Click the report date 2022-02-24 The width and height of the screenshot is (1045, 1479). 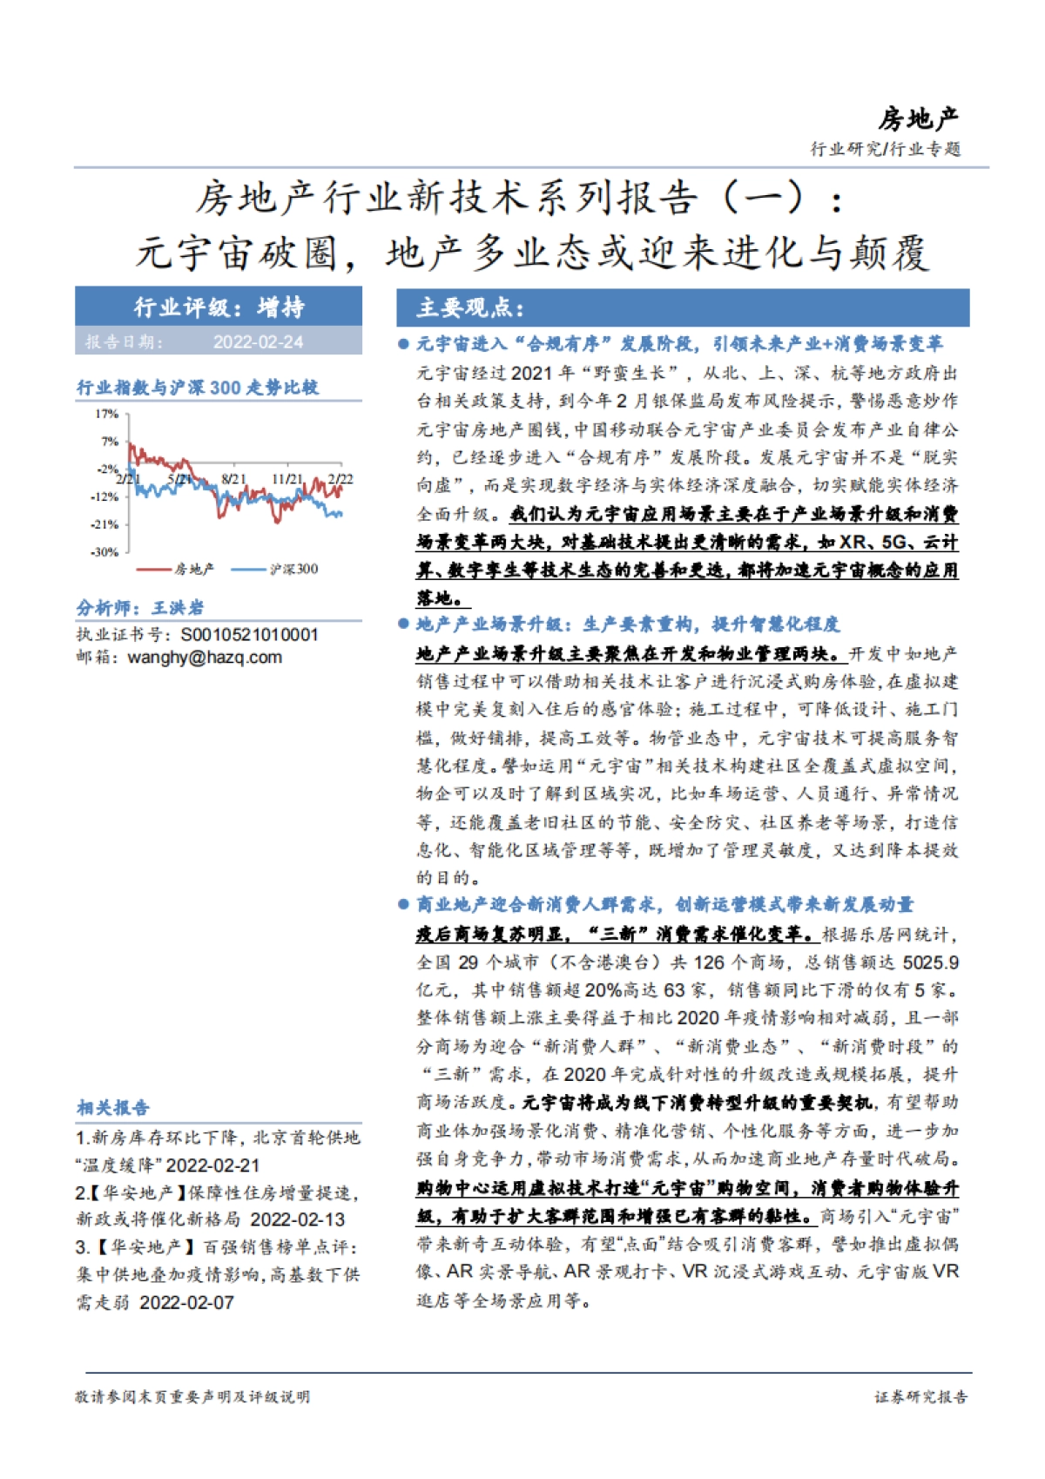point(258,342)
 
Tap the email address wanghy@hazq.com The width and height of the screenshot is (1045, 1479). point(205,658)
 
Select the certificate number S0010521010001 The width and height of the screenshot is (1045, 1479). point(249,635)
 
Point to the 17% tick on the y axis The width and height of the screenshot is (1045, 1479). point(106,414)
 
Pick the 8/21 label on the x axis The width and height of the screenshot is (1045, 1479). point(234,479)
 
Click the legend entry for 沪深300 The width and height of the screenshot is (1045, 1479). point(293,570)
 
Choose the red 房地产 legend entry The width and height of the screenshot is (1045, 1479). point(193,570)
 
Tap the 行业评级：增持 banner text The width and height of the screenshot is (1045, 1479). point(219,307)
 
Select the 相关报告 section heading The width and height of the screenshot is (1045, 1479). point(113,1108)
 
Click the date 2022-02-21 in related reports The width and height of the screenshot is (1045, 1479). point(212,1165)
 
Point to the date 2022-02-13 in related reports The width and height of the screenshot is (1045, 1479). point(297,1220)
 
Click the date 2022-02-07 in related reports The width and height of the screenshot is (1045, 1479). point(186,1303)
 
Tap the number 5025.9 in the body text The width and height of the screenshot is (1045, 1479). point(930,962)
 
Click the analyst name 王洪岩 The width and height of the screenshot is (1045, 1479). point(178,608)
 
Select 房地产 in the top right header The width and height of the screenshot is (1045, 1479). point(918,118)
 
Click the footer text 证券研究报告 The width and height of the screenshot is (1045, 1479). point(920,1397)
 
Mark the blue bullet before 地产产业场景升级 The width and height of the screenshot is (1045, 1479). point(403,624)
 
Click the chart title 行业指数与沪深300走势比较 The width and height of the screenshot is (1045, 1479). point(198,388)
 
